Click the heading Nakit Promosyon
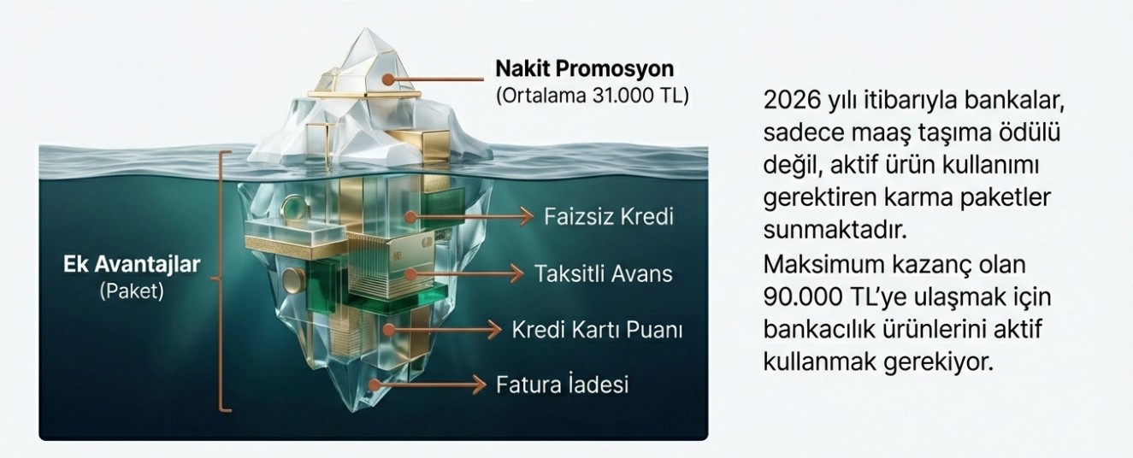click(x=584, y=68)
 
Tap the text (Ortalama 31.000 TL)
click(x=593, y=96)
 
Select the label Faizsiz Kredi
click(x=609, y=217)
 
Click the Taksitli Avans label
click(x=604, y=274)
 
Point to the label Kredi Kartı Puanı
click(x=597, y=331)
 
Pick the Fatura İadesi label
click(x=562, y=385)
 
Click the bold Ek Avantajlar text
click(x=132, y=264)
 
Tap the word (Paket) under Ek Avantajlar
click(x=132, y=291)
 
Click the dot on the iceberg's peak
click(x=387, y=79)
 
